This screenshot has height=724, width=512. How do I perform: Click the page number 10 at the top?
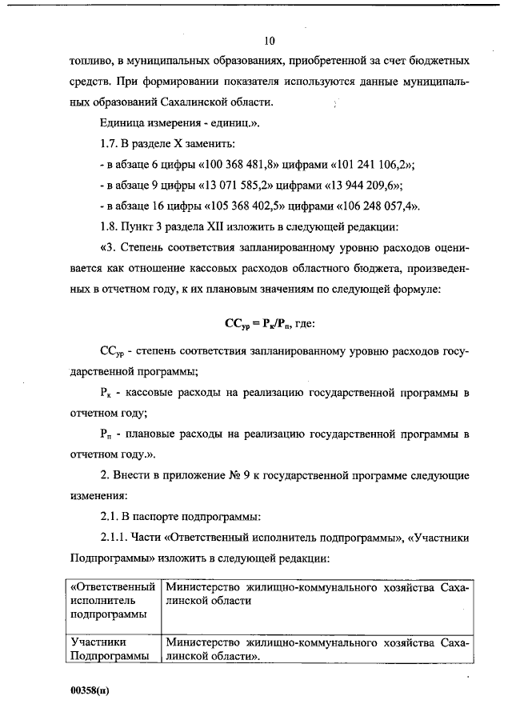tap(269, 40)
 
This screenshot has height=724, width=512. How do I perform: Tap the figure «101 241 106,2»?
tap(366, 164)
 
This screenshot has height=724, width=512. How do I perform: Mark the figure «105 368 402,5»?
tap(233, 206)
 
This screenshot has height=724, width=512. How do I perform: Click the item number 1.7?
tap(110, 143)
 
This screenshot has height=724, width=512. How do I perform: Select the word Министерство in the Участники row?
tap(206, 642)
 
